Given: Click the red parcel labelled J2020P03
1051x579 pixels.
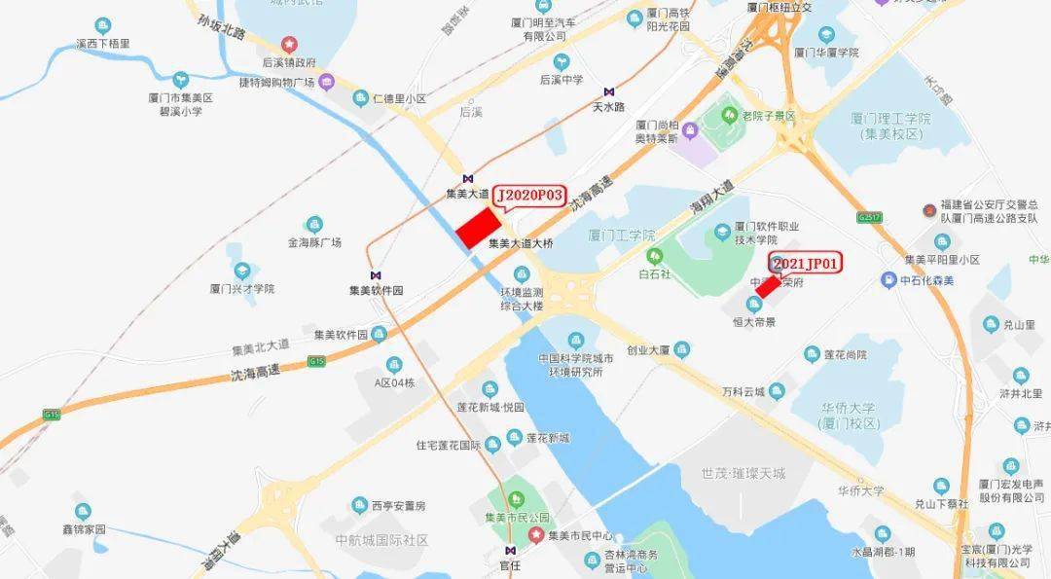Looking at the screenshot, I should tap(479, 227).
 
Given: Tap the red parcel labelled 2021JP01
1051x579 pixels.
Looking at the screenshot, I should tap(768, 287).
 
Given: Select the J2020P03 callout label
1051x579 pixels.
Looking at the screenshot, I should tap(530, 196).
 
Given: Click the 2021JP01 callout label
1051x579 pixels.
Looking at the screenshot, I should tap(806, 263).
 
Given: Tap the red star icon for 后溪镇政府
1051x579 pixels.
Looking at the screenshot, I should tap(288, 44).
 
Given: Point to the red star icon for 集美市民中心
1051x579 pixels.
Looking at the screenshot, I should tap(534, 535).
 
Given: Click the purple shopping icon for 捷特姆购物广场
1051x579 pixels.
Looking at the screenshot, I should tap(327, 81).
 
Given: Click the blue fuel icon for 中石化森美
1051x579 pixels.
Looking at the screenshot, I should tap(888, 280).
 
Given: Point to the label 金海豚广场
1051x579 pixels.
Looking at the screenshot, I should tap(313, 242).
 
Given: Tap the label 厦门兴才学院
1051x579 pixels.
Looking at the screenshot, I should tap(242, 288).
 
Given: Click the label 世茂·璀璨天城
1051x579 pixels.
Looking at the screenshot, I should tap(743, 473).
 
